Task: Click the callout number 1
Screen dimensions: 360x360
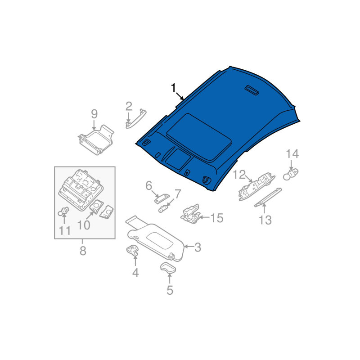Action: coord(173,88)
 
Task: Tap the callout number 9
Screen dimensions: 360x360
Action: coord(94,114)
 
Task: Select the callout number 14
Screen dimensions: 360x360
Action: coord(292,154)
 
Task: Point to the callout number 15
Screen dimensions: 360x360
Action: coord(217,218)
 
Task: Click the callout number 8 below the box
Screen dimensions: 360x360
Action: coord(83,251)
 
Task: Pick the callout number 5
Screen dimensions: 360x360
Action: coord(170,290)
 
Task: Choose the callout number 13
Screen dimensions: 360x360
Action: coord(265,220)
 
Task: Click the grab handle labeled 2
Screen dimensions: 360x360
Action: coord(136,119)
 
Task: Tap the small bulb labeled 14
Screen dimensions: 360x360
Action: coord(290,174)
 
